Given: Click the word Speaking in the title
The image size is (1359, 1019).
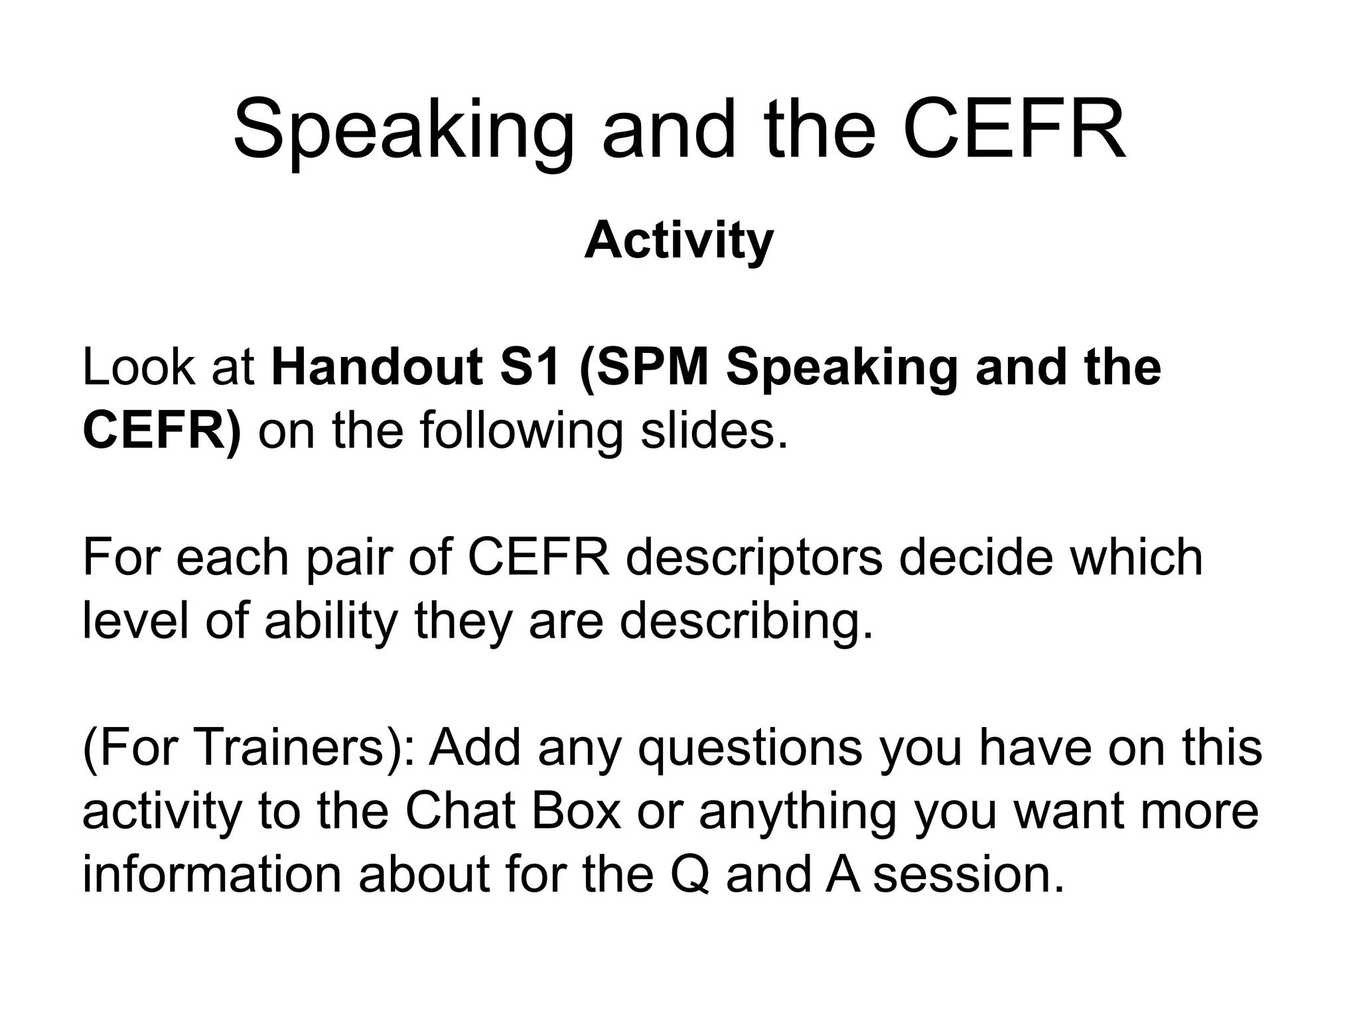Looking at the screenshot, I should tap(403, 129).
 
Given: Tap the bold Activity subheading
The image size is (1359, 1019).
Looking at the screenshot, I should tap(679, 240).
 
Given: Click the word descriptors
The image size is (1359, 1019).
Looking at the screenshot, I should tap(753, 557).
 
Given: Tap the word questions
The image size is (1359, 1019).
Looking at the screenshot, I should tap(751, 747).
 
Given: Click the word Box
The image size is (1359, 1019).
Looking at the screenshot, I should tap(576, 811).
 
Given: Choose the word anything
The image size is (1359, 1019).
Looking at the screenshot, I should tap(798, 811).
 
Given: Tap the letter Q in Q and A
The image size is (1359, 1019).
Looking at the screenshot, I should tap(690, 874).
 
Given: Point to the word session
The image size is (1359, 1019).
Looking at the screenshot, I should tap(968, 874).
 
